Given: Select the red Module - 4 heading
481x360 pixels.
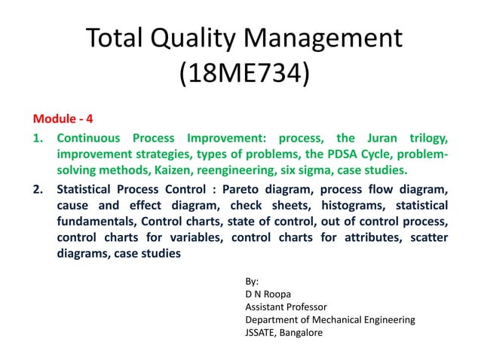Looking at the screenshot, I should (x=63, y=119).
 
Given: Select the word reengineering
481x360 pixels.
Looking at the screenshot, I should (x=258, y=169).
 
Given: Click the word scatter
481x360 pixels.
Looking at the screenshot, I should (x=427, y=237).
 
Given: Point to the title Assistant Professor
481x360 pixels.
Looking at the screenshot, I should (x=285, y=307).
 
